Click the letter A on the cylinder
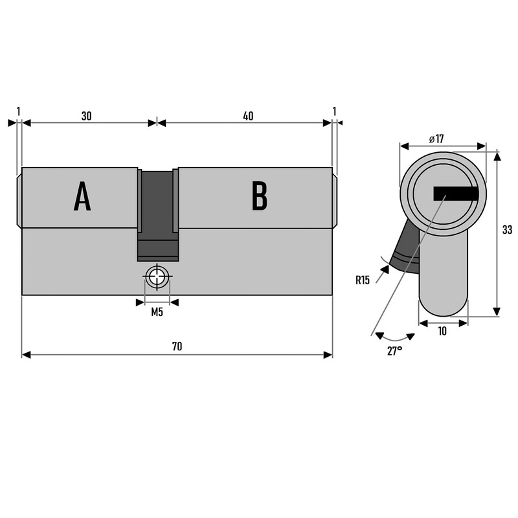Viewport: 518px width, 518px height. click(82, 196)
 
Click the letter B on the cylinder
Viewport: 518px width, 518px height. click(259, 196)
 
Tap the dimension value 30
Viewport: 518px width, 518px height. click(86, 116)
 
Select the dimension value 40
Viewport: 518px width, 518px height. click(248, 116)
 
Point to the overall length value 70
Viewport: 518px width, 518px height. click(177, 346)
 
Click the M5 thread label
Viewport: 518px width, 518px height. click(157, 313)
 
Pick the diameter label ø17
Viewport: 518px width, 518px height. click(436, 139)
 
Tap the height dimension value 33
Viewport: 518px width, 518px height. click(507, 229)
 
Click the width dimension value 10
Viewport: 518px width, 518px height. click(443, 331)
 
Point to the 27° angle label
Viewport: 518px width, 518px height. click(394, 350)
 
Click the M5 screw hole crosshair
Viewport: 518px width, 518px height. click(157, 278)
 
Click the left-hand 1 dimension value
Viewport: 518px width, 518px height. click(19, 111)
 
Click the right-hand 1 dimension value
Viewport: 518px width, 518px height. click(334, 111)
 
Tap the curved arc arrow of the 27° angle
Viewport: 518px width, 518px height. click(395, 338)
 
